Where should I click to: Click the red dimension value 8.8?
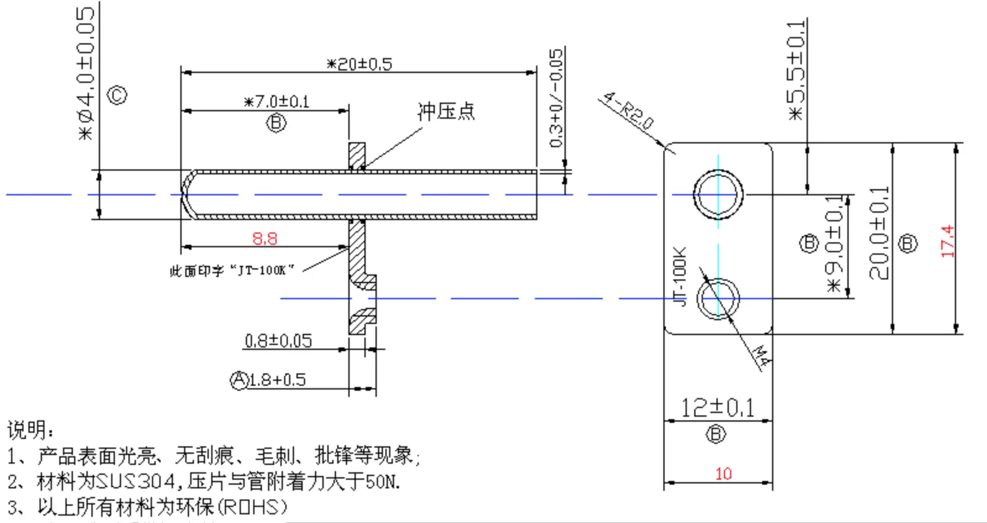point(264,238)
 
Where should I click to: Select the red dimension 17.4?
point(947,241)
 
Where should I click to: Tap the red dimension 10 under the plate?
point(723,474)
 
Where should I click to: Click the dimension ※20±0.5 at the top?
point(359,64)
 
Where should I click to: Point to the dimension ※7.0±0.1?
point(277,101)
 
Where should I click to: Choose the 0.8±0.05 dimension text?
point(278,341)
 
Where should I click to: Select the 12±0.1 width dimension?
point(717,407)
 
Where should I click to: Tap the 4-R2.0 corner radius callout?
point(628,109)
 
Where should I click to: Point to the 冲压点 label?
point(446,111)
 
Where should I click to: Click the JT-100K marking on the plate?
point(679,276)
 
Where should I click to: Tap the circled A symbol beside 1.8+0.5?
point(239,380)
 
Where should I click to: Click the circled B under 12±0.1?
point(715,434)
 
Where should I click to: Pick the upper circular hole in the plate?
point(718,194)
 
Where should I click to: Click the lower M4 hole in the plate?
point(718,299)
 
